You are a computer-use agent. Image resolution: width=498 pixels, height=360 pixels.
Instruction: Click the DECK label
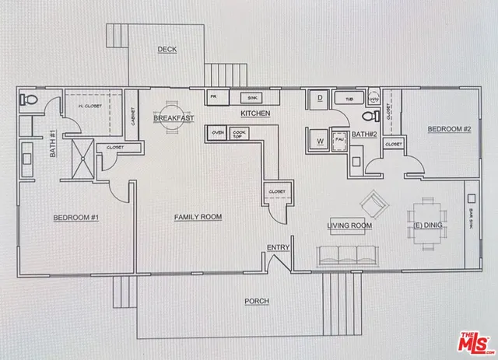[167, 49]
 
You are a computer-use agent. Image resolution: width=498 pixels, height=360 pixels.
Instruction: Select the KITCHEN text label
[254, 114]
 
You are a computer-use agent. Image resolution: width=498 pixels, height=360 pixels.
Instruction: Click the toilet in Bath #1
[29, 100]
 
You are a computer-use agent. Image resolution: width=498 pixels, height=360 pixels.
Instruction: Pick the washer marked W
[320, 141]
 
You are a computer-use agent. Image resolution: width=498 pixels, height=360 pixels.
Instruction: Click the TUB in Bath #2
[348, 99]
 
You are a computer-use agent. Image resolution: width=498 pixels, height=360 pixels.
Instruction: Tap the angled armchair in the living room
[373, 204]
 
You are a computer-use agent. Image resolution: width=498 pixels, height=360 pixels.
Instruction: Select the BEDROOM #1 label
[75, 217]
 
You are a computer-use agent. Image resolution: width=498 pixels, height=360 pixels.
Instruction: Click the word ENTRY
[278, 248]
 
